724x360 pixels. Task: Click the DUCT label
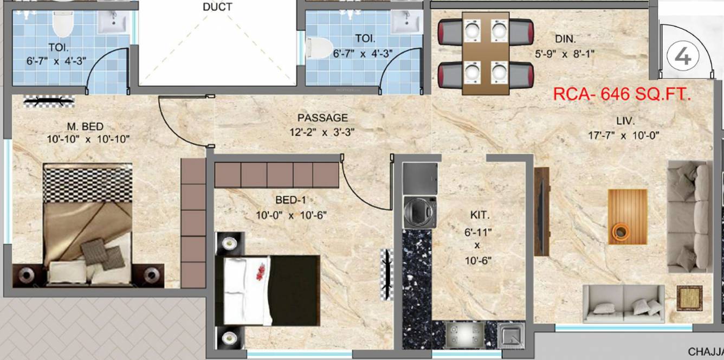pyautogui.click(x=217, y=7)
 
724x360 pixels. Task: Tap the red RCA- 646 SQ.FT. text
pyautogui.click(x=622, y=94)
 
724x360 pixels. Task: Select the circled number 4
pyautogui.click(x=683, y=56)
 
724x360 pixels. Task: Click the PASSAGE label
pyautogui.click(x=322, y=118)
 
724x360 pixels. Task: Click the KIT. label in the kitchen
pyautogui.click(x=477, y=216)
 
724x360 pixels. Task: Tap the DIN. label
pyautogui.click(x=565, y=39)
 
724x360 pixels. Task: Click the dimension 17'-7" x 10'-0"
pyautogui.click(x=623, y=136)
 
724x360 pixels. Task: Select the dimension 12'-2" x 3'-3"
pyautogui.click(x=322, y=132)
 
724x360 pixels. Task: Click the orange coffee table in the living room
pyautogui.click(x=627, y=216)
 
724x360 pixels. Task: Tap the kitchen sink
pyautogui.click(x=511, y=335)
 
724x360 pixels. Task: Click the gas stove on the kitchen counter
pyautogui.click(x=464, y=335)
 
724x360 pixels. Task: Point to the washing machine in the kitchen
pyautogui.click(x=420, y=212)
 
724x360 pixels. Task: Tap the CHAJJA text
pyautogui.click(x=706, y=352)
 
